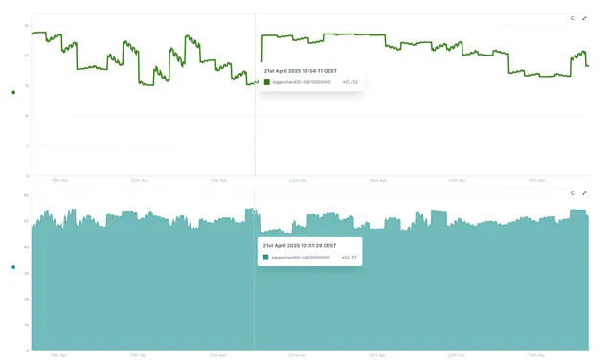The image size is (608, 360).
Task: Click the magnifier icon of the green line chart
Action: tap(573, 18)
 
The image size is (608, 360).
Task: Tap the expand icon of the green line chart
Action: tap(584, 18)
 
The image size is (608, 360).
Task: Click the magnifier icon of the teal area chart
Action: tap(573, 193)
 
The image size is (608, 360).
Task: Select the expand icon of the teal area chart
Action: tap(584, 193)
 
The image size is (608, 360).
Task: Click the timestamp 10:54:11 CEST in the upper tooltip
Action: tap(300, 70)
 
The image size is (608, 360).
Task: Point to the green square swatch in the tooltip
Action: tap(267, 82)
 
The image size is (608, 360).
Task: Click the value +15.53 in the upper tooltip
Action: tap(349, 82)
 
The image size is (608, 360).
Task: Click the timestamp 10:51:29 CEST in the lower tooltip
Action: tap(299, 245)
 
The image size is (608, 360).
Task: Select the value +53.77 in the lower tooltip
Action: tap(349, 258)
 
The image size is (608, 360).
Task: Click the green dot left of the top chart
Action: tap(13, 92)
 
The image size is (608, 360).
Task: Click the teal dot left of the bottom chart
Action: tap(13, 267)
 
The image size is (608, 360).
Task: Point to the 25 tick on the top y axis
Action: tap(26, 25)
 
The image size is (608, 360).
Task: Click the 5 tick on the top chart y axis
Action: tap(27, 146)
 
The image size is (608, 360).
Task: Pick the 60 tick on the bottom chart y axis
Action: tap(26, 195)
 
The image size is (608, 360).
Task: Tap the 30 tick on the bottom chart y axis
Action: tap(26, 273)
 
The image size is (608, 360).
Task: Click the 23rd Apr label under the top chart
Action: tap(377, 180)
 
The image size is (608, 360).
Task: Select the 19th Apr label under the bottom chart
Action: tap(58, 354)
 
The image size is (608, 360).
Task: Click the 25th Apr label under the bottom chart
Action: tap(536, 354)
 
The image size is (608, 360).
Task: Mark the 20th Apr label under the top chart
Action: tap(139, 180)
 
